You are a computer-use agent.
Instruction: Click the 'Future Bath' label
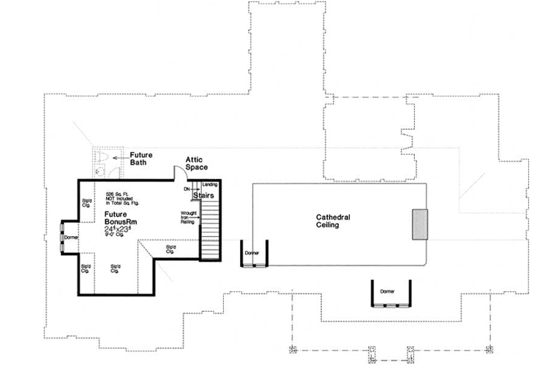pos(141,159)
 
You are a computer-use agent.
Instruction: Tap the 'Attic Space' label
pos(197,163)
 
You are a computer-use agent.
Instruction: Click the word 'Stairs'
pos(204,196)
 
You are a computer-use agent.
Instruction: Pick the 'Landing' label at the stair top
pos(210,184)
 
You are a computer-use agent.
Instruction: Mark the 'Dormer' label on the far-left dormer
pos(71,238)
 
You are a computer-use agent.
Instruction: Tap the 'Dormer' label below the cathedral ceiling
pos(388,292)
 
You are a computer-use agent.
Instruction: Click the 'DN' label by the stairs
pos(187,190)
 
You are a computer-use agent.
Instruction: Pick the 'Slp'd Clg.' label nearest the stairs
pos(172,248)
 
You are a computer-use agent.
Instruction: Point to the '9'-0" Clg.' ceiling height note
pos(118,237)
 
